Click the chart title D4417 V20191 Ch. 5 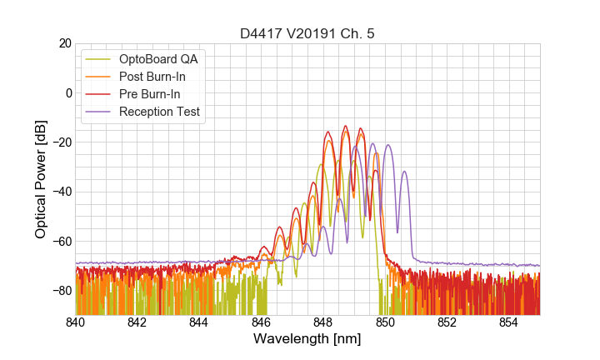[307, 33]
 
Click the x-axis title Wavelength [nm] [307, 340]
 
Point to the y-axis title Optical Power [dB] [41, 178]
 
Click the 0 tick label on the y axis [68, 92]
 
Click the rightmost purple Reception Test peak [405, 172]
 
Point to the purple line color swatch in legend [100, 112]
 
